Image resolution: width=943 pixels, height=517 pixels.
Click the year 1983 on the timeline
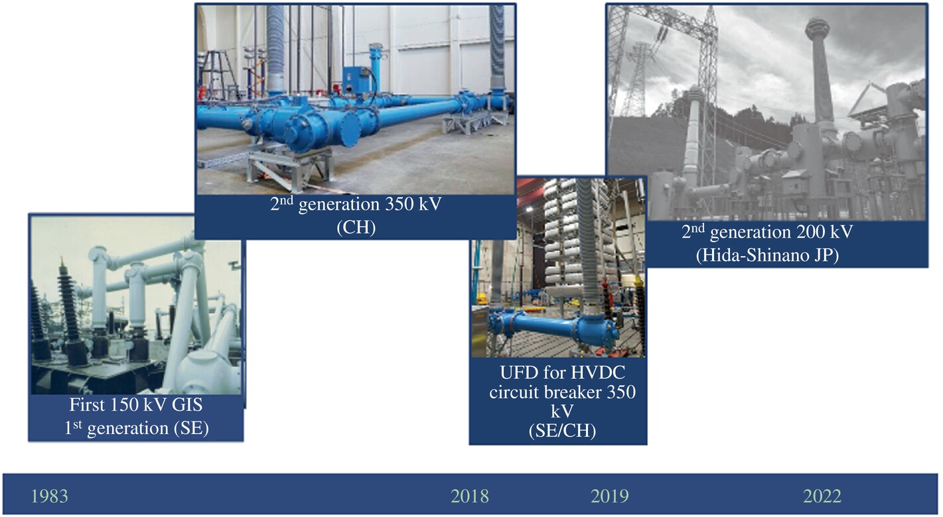click(50, 496)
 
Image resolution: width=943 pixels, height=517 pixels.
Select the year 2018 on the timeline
click(470, 496)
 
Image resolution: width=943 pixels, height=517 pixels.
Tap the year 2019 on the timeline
click(610, 496)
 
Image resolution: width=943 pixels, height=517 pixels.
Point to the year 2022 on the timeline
click(822, 496)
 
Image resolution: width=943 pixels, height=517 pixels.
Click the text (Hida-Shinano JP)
click(767, 256)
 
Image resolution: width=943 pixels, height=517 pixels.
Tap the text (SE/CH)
click(562, 431)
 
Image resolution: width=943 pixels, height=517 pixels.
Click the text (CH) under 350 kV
click(356, 228)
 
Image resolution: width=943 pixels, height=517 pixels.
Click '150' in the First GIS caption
click(125, 405)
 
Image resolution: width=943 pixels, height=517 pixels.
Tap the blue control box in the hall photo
click(354, 80)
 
